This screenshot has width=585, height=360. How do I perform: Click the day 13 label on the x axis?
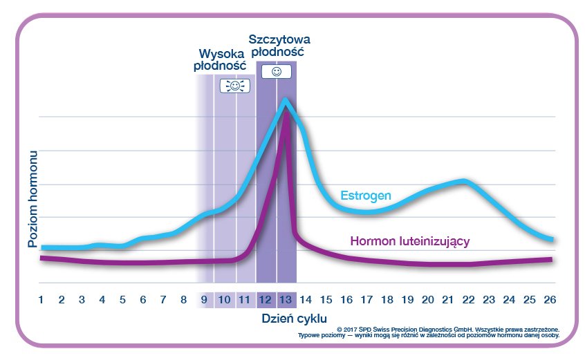coord(286,300)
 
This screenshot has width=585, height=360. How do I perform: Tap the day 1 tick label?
coord(41,300)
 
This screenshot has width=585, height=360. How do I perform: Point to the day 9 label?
coord(204,300)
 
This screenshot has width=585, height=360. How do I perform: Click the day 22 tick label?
coord(468,300)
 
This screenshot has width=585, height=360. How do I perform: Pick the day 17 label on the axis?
coord(366,300)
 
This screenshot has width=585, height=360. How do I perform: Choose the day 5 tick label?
coord(122,300)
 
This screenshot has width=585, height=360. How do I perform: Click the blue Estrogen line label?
coord(365,196)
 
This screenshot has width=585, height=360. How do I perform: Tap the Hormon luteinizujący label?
coord(410,241)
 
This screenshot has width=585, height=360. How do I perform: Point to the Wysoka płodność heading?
coord(223,59)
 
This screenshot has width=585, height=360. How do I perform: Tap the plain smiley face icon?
coord(276,71)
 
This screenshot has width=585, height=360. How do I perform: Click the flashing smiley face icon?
coord(234,86)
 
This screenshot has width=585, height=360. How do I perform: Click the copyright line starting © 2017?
coord(447,329)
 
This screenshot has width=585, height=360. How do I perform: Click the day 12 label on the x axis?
coord(265,300)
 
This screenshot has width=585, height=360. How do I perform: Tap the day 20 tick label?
coord(427,300)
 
